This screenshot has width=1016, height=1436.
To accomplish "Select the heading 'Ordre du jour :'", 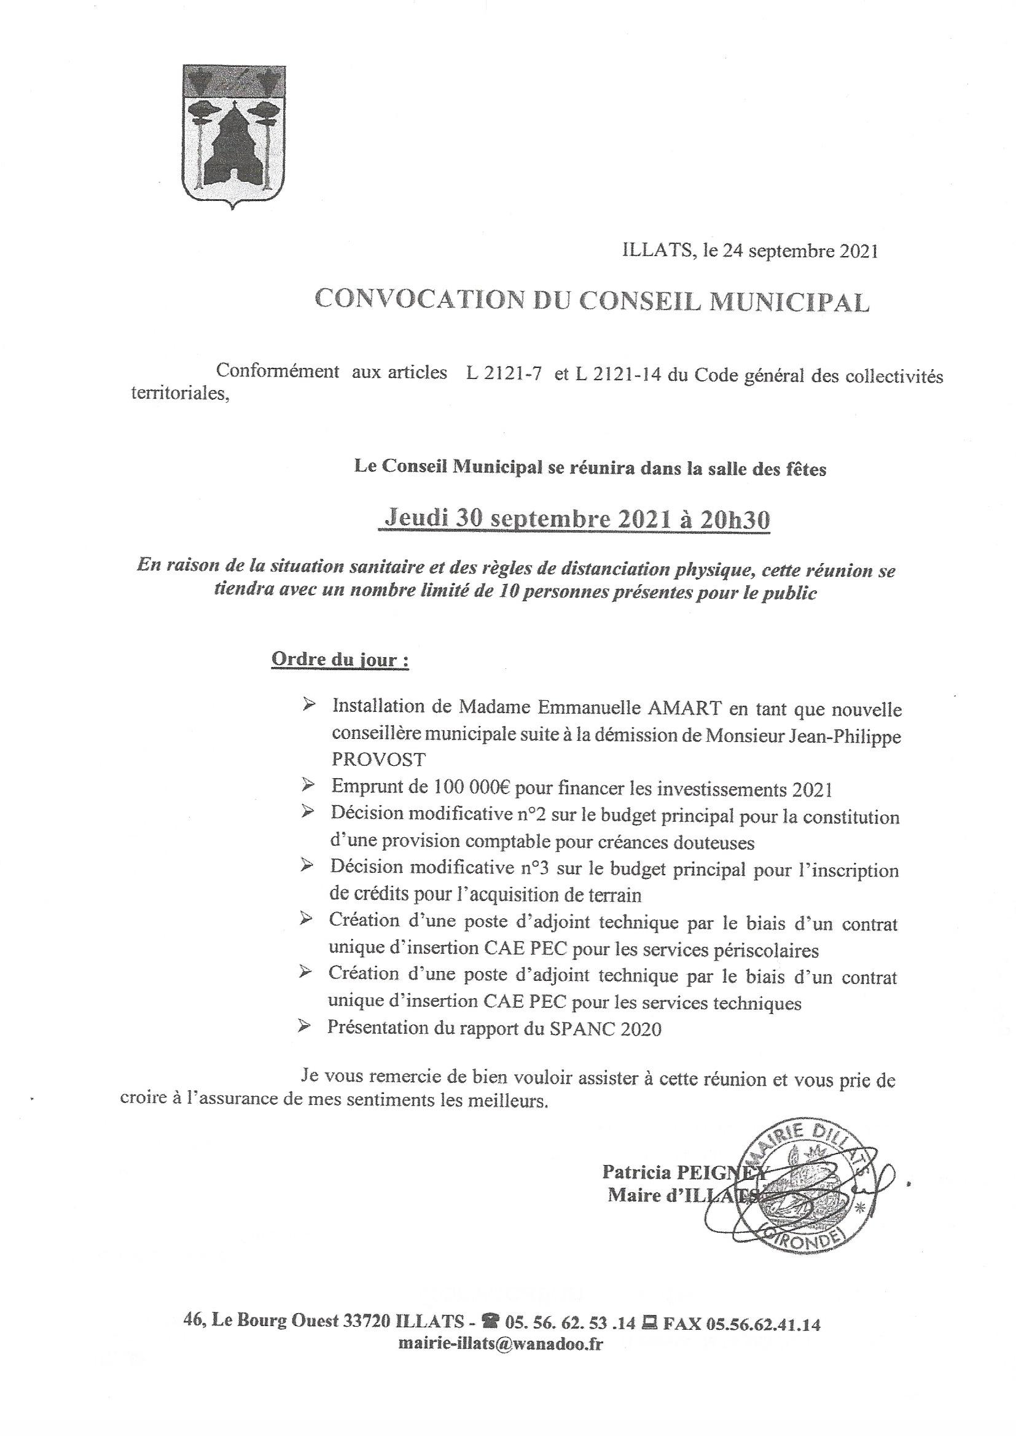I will [x=340, y=660].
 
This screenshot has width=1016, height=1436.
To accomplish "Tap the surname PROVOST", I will [x=378, y=759].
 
